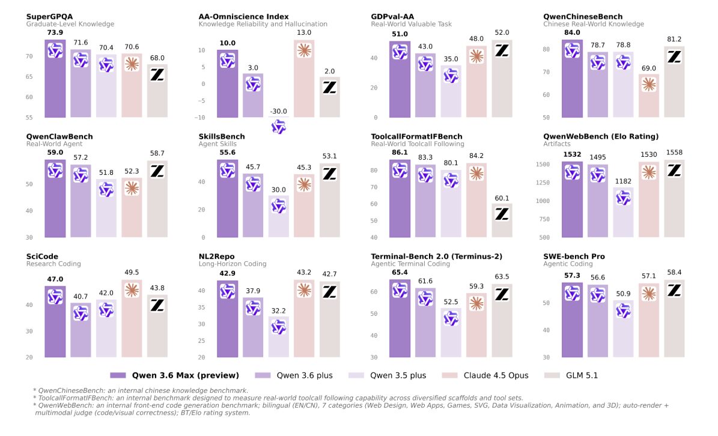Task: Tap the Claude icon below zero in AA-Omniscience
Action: click(304, 50)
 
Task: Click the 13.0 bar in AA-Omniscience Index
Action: click(304, 78)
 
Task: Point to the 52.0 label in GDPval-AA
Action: click(502, 32)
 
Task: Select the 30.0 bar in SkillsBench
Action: click(278, 216)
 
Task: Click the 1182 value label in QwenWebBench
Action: click(623, 180)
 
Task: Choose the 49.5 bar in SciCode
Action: click(304, 318)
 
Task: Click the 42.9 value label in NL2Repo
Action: click(227, 273)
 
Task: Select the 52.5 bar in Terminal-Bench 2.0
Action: click(451, 333)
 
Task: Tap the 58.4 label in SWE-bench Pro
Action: click(674, 272)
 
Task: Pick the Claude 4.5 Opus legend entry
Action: click(496, 375)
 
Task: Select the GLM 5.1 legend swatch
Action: click(552, 375)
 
